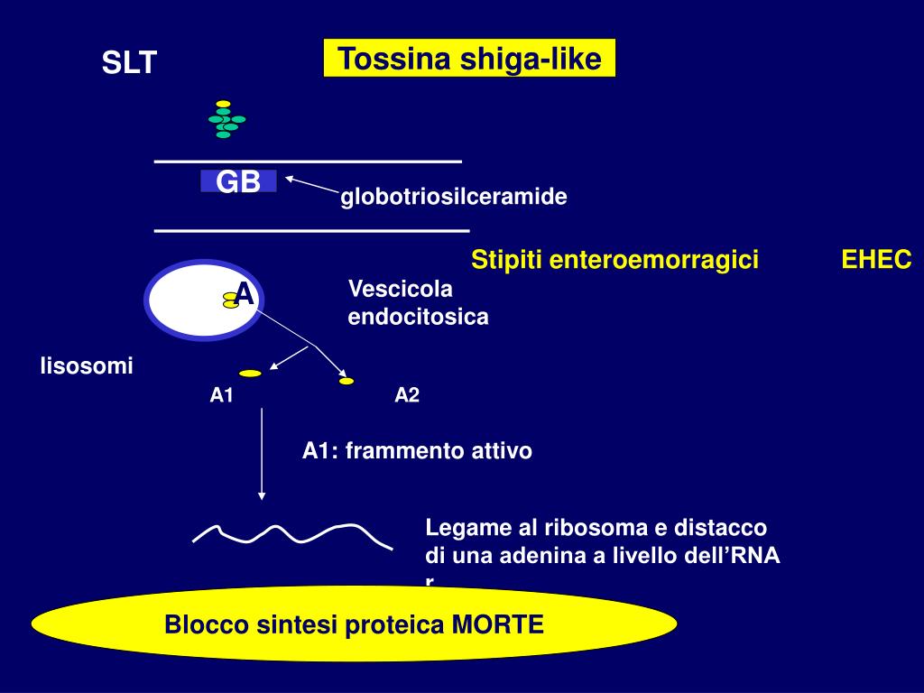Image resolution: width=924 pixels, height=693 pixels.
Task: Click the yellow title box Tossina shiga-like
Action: coord(469,59)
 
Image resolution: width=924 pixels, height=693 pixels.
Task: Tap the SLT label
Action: coord(129,63)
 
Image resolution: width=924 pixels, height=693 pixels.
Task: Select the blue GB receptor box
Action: coord(238,182)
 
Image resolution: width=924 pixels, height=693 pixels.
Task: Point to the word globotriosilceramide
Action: coord(453,197)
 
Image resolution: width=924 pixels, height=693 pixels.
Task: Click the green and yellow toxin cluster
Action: coord(226,119)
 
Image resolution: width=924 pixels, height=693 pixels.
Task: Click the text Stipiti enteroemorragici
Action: coord(614,260)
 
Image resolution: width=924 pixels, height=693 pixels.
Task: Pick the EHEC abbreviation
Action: coord(876,260)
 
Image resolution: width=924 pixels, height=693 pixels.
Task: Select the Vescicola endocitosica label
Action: coord(418,303)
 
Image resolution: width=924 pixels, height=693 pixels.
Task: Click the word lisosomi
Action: coord(86,365)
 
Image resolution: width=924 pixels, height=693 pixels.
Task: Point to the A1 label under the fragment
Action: coord(222,395)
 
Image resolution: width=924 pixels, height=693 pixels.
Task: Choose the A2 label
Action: coord(407,395)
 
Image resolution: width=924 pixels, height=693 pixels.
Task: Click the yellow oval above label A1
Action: coord(250,373)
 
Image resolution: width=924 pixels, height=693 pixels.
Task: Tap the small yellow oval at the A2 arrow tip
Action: coord(346,382)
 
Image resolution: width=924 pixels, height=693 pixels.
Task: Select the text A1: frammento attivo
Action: coord(417,450)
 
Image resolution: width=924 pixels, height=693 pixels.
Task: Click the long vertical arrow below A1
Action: coord(262,451)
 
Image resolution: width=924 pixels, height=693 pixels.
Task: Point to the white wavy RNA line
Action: coord(292,534)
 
